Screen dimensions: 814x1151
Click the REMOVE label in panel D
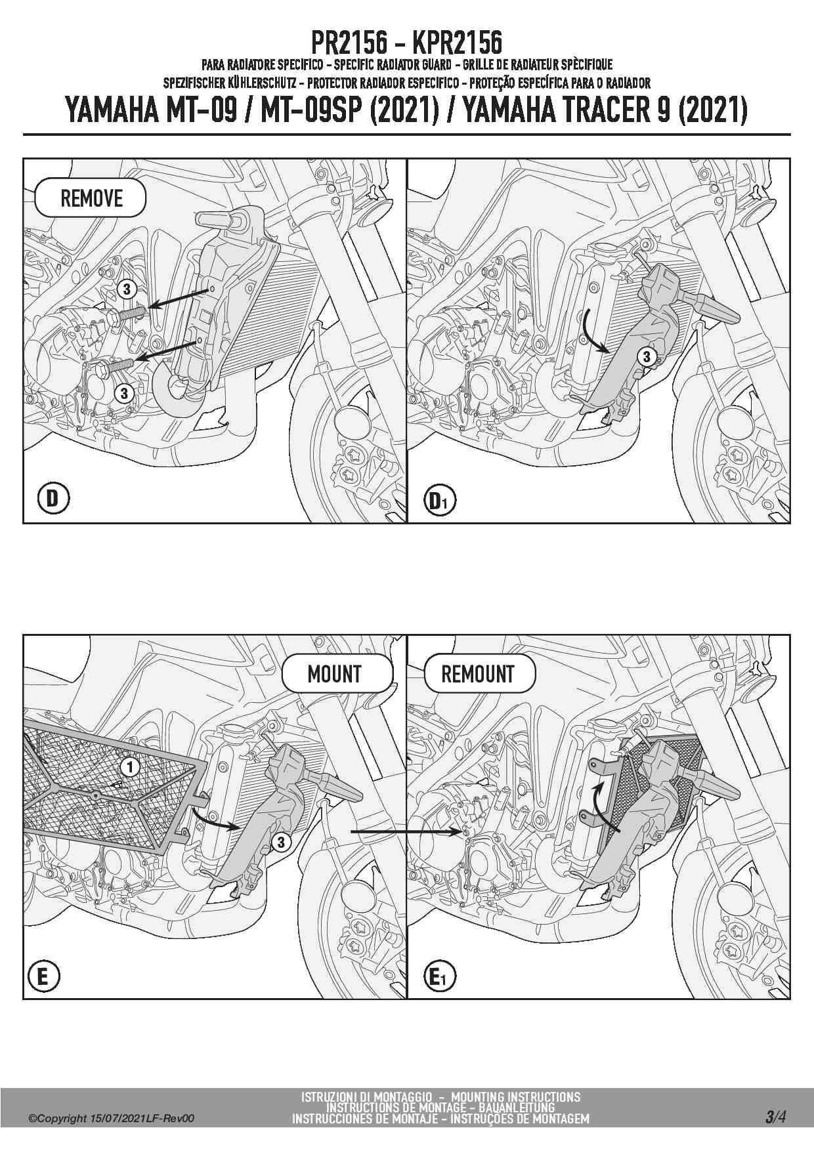91,198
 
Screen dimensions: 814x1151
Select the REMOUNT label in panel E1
478,674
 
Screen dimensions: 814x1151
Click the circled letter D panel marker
53,499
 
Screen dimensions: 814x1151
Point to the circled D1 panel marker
439,501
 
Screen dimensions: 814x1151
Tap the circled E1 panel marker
439,977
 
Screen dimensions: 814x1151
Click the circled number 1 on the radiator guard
130,766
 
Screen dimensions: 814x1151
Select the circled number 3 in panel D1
647,356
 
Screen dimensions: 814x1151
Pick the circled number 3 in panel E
281,842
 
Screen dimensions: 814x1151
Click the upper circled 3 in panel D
126,289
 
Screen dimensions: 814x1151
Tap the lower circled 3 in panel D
123,393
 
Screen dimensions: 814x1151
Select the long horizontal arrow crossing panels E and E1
407,831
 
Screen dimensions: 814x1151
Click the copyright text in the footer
111,1119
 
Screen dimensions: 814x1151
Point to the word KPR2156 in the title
457,43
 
